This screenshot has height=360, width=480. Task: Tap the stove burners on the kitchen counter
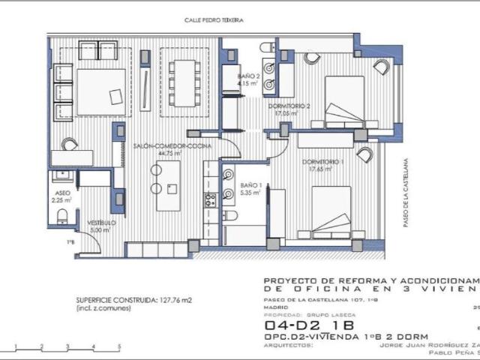pos(211,199)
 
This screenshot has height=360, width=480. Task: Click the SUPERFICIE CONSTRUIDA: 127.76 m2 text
pos(134,300)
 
